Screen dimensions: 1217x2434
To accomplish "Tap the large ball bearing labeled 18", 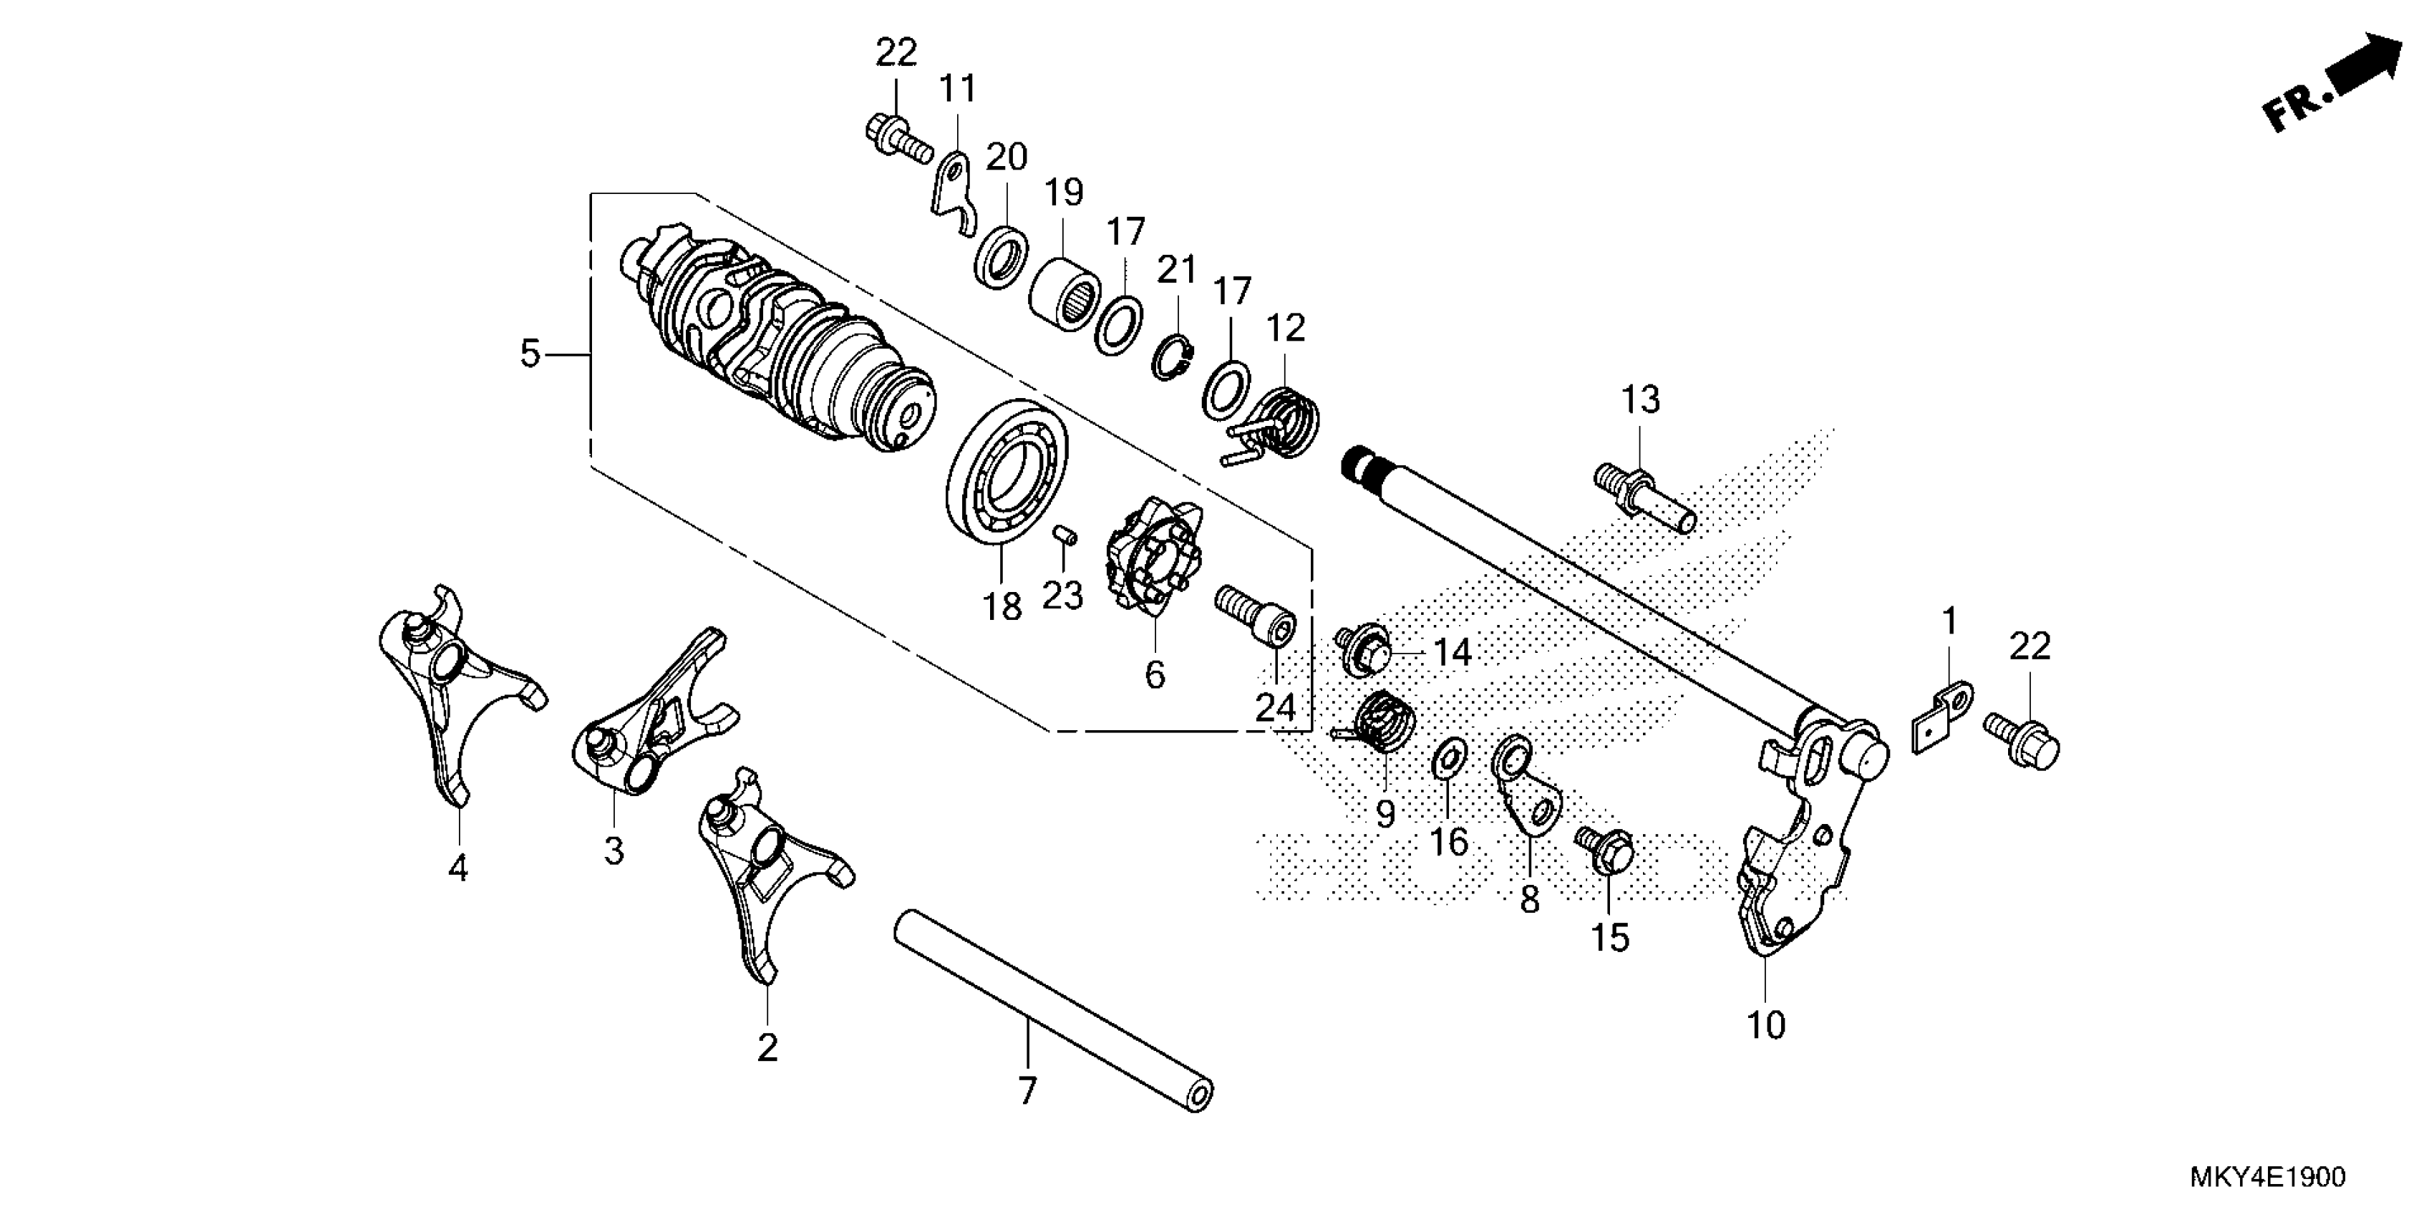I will click(1007, 470).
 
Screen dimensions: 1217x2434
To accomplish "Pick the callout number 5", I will click(529, 354).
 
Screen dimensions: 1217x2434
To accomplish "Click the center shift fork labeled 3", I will click(652, 718).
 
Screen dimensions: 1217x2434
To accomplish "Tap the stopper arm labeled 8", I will click(1526, 784).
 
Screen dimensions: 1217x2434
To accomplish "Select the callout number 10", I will click(1766, 1025).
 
